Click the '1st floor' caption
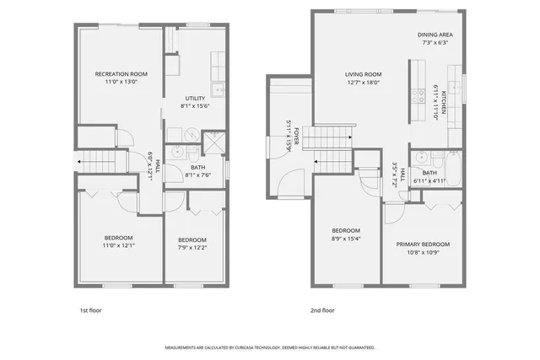(x=90, y=310)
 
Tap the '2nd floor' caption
(x=322, y=310)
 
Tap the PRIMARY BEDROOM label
(x=424, y=244)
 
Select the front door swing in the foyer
(x=291, y=181)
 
